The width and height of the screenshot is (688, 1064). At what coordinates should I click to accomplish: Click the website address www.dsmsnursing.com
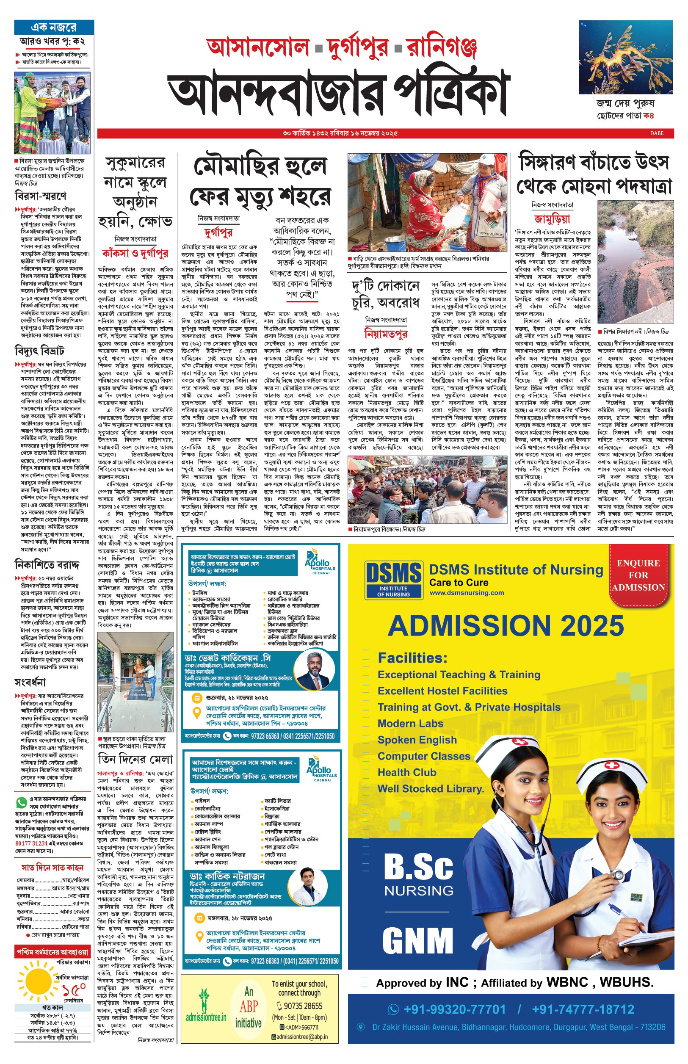point(467,593)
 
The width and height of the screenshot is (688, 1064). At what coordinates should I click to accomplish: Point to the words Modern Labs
point(410,723)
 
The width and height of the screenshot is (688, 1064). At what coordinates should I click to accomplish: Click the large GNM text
point(418,940)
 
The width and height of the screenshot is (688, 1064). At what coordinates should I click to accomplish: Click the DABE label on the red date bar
point(657,133)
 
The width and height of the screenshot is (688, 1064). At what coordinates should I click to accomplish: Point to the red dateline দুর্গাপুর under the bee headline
point(218,232)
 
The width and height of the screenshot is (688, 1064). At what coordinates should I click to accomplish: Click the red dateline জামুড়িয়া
point(552,218)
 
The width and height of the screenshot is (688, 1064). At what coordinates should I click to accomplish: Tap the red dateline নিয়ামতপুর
point(386,333)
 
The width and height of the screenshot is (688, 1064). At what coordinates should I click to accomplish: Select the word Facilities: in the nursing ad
point(412,658)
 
